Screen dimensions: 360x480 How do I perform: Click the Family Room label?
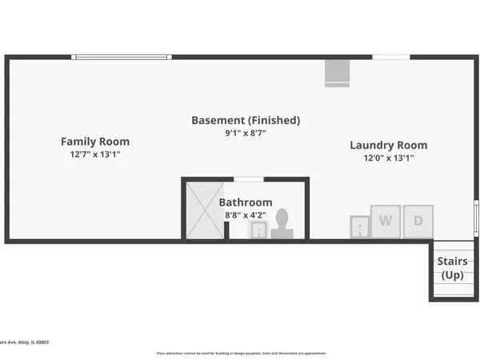pyautogui.click(x=95, y=142)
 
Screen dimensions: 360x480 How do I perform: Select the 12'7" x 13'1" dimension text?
pyautogui.click(x=95, y=154)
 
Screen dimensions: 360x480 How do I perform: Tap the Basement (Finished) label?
pyautogui.click(x=246, y=120)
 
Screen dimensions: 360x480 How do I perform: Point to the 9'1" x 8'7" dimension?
pyautogui.click(x=246, y=133)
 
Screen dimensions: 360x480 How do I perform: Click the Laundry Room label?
pyautogui.click(x=389, y=145)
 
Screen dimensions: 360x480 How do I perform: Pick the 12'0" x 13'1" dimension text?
pyautogui.click(x=389, y=158)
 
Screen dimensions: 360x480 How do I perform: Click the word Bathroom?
pyautogui.click(x=246, y=202)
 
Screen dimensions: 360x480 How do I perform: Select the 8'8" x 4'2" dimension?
pyautogui.click(x=246, y=215)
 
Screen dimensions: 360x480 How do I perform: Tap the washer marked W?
pyautogui.click(x=386, y=221)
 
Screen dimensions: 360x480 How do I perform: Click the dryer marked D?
pyautogui.click(x=418, y=221)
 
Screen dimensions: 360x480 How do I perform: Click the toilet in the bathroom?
pyautogui.click(x=282, y=224)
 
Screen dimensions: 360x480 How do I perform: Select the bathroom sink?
pyautogui.click(x=259, y=230)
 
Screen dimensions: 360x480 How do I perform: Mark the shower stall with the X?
pyautogui.click(x=205, y=210)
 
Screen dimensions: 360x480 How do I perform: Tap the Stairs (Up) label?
pyautogui.click(x=453, y=268)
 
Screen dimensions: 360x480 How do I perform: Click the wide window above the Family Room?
pyautogui.click(x=121, y=57)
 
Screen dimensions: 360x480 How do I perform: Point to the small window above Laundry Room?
pyautogui.click(x=391, y=57)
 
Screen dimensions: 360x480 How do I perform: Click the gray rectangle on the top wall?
pyautogui.click(x=337, y=73)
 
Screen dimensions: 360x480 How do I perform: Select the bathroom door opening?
pyautogui.click(x=248, y=179)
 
